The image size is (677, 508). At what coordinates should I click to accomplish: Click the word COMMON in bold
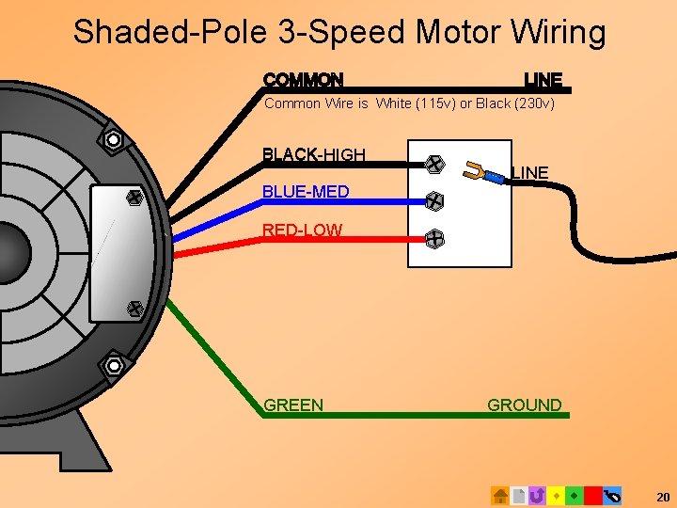[x=303, y=80]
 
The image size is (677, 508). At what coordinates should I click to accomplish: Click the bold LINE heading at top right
[x=543, y=80]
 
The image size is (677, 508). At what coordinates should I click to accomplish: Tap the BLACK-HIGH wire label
[x=313, y=154]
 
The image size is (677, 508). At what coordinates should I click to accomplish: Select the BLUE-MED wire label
[x=306, y=192]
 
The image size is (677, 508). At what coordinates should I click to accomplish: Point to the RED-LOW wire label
[x=302, y=230]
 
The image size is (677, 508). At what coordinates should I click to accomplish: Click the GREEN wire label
[x=293, y=405]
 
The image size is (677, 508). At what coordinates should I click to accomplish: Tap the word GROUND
[x=524, y=405]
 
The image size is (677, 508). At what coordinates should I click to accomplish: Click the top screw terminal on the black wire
[x=434, y=165]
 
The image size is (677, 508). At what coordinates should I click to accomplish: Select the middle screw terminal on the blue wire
[x=434, y=201]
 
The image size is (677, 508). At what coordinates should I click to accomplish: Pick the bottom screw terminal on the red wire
[x=434, y=239]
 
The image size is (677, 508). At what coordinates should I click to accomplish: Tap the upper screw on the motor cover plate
[x=134, y=198]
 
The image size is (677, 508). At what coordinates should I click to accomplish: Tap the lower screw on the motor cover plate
[x=134, y=308]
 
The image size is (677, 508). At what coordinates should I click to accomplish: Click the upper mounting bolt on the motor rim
[x=114, y=140]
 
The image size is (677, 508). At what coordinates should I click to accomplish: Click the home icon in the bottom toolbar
[x=500, y=495]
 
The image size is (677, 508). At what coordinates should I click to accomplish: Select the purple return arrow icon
[x=537, y=495]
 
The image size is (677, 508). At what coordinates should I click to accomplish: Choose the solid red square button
[x=592, y=495]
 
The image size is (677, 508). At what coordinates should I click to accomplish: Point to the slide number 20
[x=662, y=497]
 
